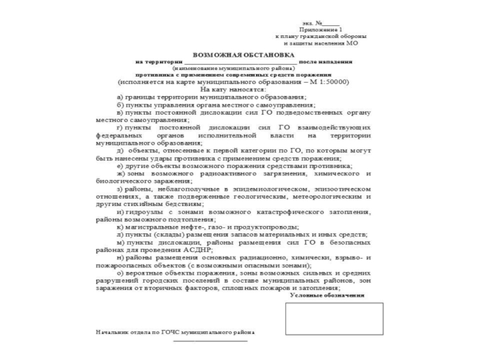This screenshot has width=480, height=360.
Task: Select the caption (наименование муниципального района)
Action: tap(240, 68)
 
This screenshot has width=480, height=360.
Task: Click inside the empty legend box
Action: tap(334, 319)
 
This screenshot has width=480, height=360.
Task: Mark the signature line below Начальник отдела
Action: tap(209, 340)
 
